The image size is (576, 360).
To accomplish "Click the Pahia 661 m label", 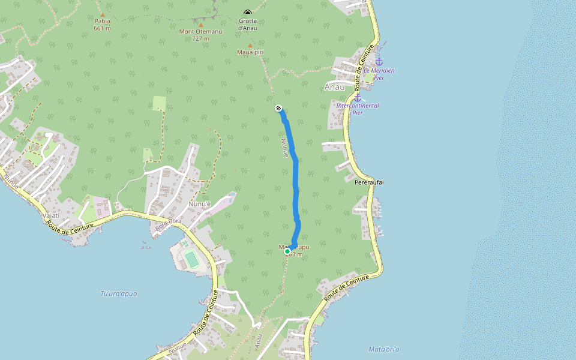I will coord(103,24).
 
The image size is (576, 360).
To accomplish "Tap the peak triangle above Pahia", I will coord(103,14).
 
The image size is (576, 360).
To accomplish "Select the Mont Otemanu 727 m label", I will coord(200,35).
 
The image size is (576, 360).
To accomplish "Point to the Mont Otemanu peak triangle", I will coord(200,25).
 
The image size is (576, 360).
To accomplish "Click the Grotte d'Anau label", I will coord(248,25).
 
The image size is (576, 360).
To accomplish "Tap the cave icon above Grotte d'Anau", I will coord(248,13).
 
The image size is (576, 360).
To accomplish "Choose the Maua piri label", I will coord(250,52).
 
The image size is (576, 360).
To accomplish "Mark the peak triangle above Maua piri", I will coord(250,45).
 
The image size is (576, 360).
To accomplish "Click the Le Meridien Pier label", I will coord(379,74).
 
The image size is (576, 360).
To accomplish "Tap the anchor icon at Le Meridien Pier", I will coord(379,62).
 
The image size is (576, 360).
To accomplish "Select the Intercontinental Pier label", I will coord(358,109).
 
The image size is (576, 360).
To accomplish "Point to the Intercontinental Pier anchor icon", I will coord(358,97).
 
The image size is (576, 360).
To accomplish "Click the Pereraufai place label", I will coord(369,181).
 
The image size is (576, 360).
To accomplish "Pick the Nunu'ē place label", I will coord(200,204).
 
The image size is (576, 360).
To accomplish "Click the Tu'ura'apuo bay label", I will coord(118,293).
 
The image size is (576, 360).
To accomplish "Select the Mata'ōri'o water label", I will coord(384,349).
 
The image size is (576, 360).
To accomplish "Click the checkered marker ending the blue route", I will coord(278,108).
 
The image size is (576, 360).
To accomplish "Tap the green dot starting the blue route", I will coord(288,251).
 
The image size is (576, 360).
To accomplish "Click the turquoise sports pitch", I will coord(191,259).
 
